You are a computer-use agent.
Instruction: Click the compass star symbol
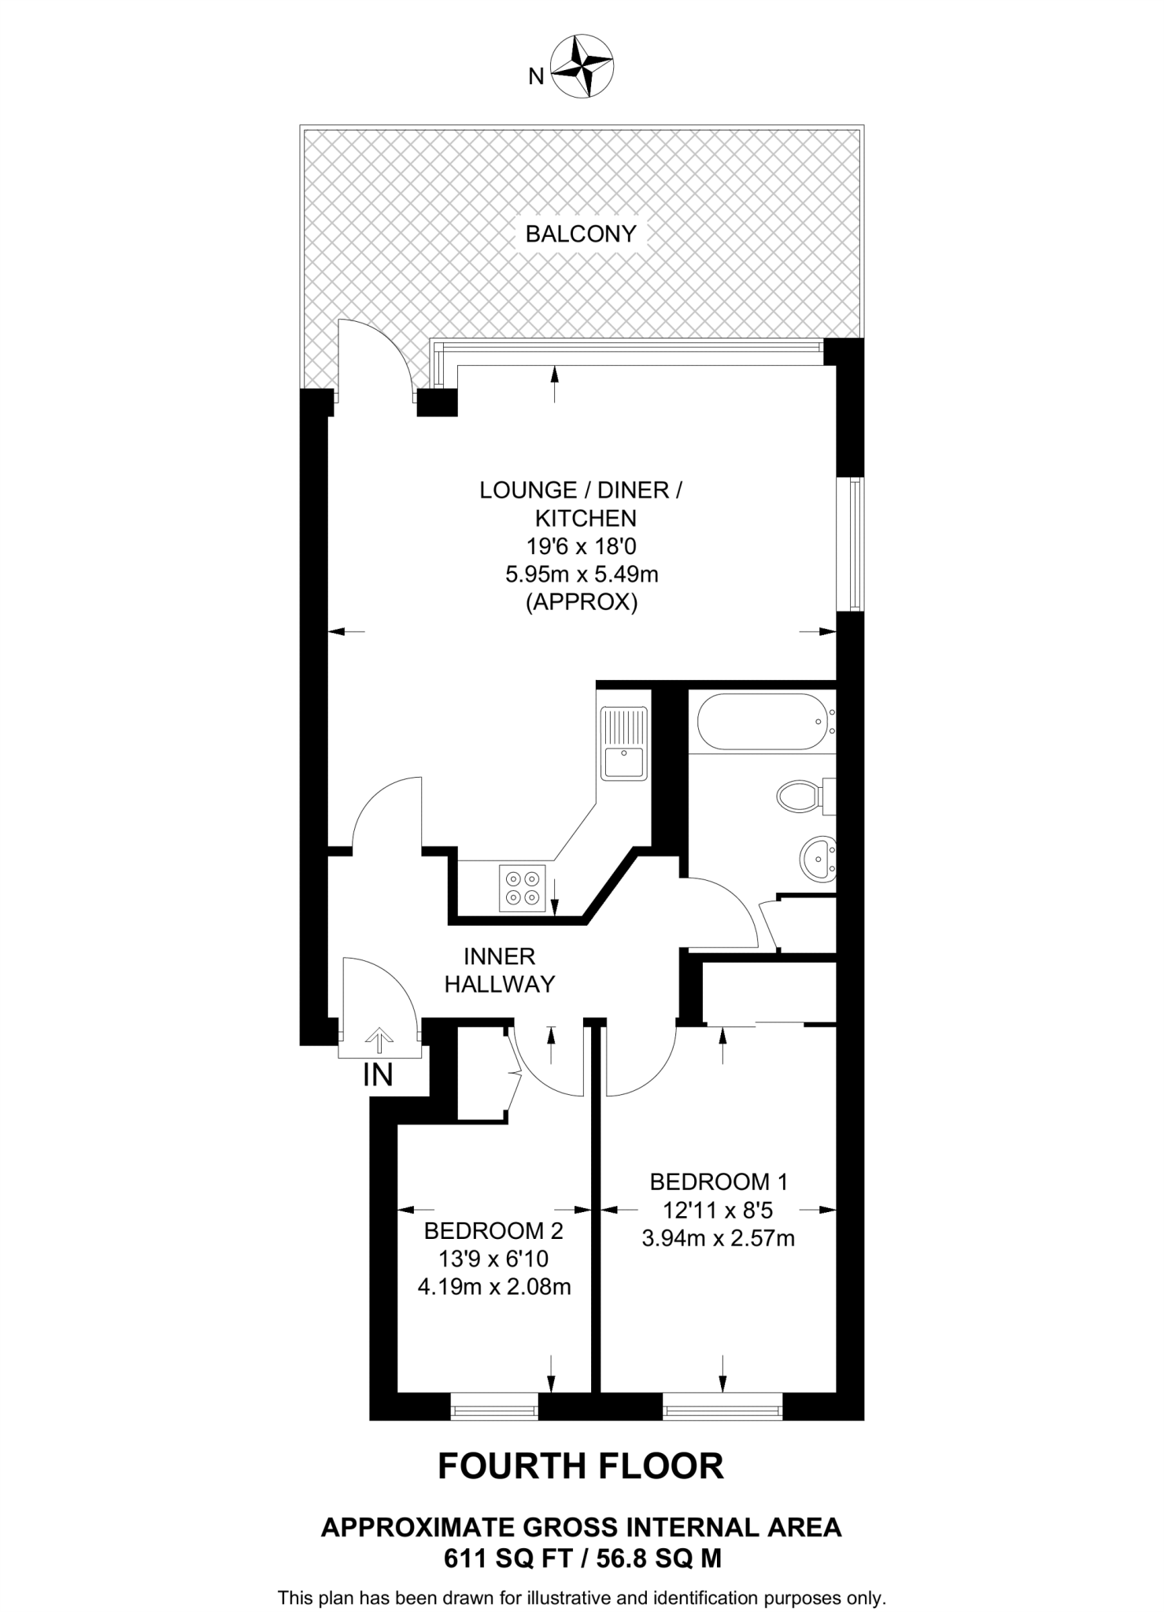(582, 67)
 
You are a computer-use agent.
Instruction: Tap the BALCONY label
(581, 234)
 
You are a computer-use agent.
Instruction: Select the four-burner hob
(523, 888)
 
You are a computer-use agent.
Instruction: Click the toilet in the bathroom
(801, 796)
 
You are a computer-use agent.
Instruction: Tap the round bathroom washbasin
(818, 857)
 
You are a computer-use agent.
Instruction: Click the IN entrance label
(378, 1075)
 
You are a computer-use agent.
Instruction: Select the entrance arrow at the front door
(379, 1041)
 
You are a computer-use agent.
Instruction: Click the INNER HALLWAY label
(500, 970)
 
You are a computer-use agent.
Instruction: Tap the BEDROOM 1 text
(719, 1181)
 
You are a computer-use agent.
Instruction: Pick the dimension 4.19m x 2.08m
(493, 1287)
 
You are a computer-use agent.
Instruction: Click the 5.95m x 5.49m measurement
(582, 575)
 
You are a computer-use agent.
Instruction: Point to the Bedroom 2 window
(494, 1406)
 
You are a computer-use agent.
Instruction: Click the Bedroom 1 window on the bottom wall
(722, 1406)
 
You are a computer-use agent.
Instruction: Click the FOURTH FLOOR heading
(581, 1466)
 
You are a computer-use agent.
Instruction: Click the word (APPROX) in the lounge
(582, 603)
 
